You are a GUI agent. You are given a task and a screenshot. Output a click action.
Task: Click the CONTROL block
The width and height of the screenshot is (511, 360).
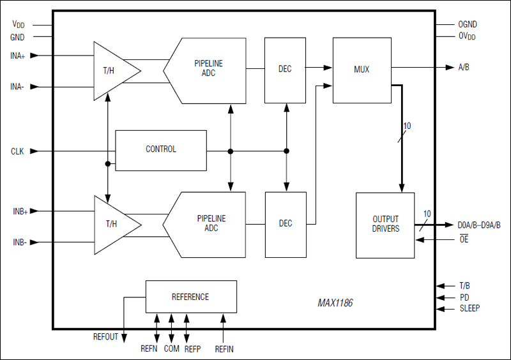tap(161, 150)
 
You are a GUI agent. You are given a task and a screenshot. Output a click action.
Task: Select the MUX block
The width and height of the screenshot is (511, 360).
tap(362, 69)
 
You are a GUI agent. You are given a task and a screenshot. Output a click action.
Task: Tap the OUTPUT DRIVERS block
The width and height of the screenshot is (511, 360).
tap(385, 224)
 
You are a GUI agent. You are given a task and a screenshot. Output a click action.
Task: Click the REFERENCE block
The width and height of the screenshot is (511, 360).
tap(191, 297)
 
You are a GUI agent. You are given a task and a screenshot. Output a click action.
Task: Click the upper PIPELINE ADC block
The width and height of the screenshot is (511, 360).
tap(208, 70)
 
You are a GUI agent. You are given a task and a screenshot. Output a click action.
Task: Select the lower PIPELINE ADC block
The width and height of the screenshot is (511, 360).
tap(208, 223)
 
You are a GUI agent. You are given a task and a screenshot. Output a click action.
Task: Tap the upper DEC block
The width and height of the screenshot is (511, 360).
tap(285, 69)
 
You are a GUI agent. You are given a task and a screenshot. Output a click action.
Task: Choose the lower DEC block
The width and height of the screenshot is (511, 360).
tap(286, 223)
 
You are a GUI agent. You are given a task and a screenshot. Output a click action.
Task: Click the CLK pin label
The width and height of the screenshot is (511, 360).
tap(17, 151)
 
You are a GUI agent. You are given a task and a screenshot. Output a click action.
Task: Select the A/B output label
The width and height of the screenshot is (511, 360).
tap(464, 67)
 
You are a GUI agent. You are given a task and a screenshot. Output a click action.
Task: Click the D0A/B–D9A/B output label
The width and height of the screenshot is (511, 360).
tap(479, 225)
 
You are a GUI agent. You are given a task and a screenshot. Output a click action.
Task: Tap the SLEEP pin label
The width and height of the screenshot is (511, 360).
tap(471, 310)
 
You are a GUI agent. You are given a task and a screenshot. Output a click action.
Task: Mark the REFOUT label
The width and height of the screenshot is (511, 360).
tap(105, 337)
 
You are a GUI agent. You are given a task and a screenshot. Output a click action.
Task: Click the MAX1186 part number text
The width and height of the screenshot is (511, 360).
tap(335, 304)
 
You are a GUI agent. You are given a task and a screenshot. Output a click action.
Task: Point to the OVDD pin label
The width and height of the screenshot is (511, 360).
tap(467, 36)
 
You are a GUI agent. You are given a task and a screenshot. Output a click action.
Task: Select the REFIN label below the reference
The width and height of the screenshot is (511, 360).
tap(224, 349)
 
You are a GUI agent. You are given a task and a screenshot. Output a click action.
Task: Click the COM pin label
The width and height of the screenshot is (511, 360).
tap(171, 349)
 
